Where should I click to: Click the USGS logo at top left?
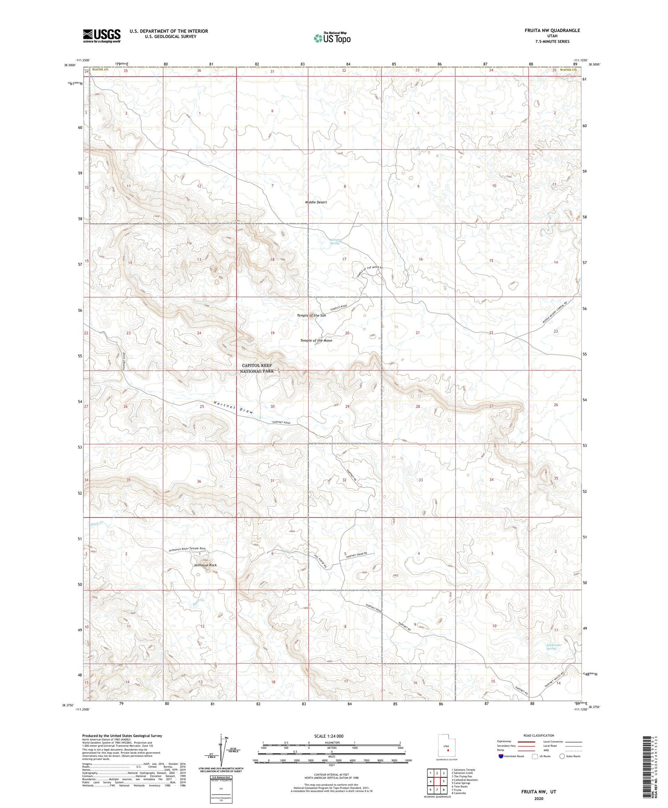pos(102,36)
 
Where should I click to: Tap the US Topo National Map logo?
pos(332,38)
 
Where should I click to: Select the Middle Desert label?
pos(316,202)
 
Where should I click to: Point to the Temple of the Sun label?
pos(311,316)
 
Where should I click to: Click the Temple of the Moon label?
pos(316,340)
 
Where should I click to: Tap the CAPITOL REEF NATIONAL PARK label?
pos(256,368)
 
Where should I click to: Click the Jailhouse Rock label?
pos(205,565)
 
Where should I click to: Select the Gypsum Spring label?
pos(334,241)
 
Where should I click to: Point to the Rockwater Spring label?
pos(554,647)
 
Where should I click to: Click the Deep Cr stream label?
pos(97,524)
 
